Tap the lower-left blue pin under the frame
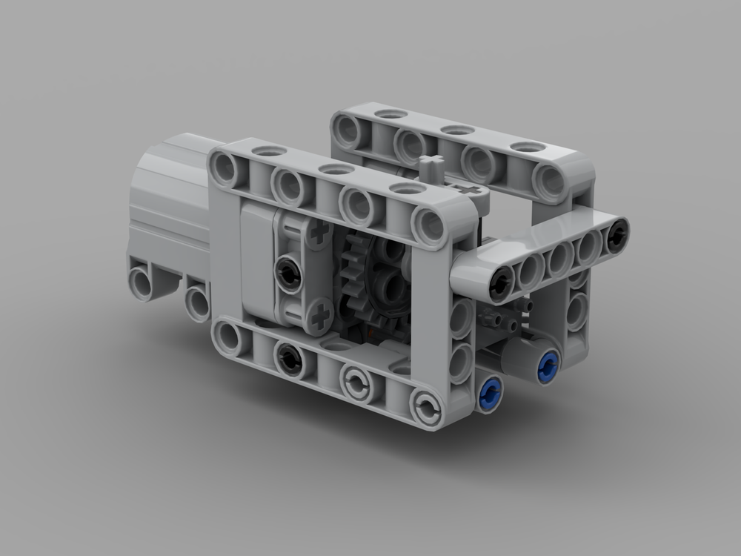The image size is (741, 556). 489,394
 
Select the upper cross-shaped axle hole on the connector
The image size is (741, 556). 319,234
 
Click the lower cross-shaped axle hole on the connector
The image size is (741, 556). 320,318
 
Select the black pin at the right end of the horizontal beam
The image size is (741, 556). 616,235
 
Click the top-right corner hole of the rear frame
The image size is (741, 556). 550,180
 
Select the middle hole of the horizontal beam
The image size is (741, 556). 559,259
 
